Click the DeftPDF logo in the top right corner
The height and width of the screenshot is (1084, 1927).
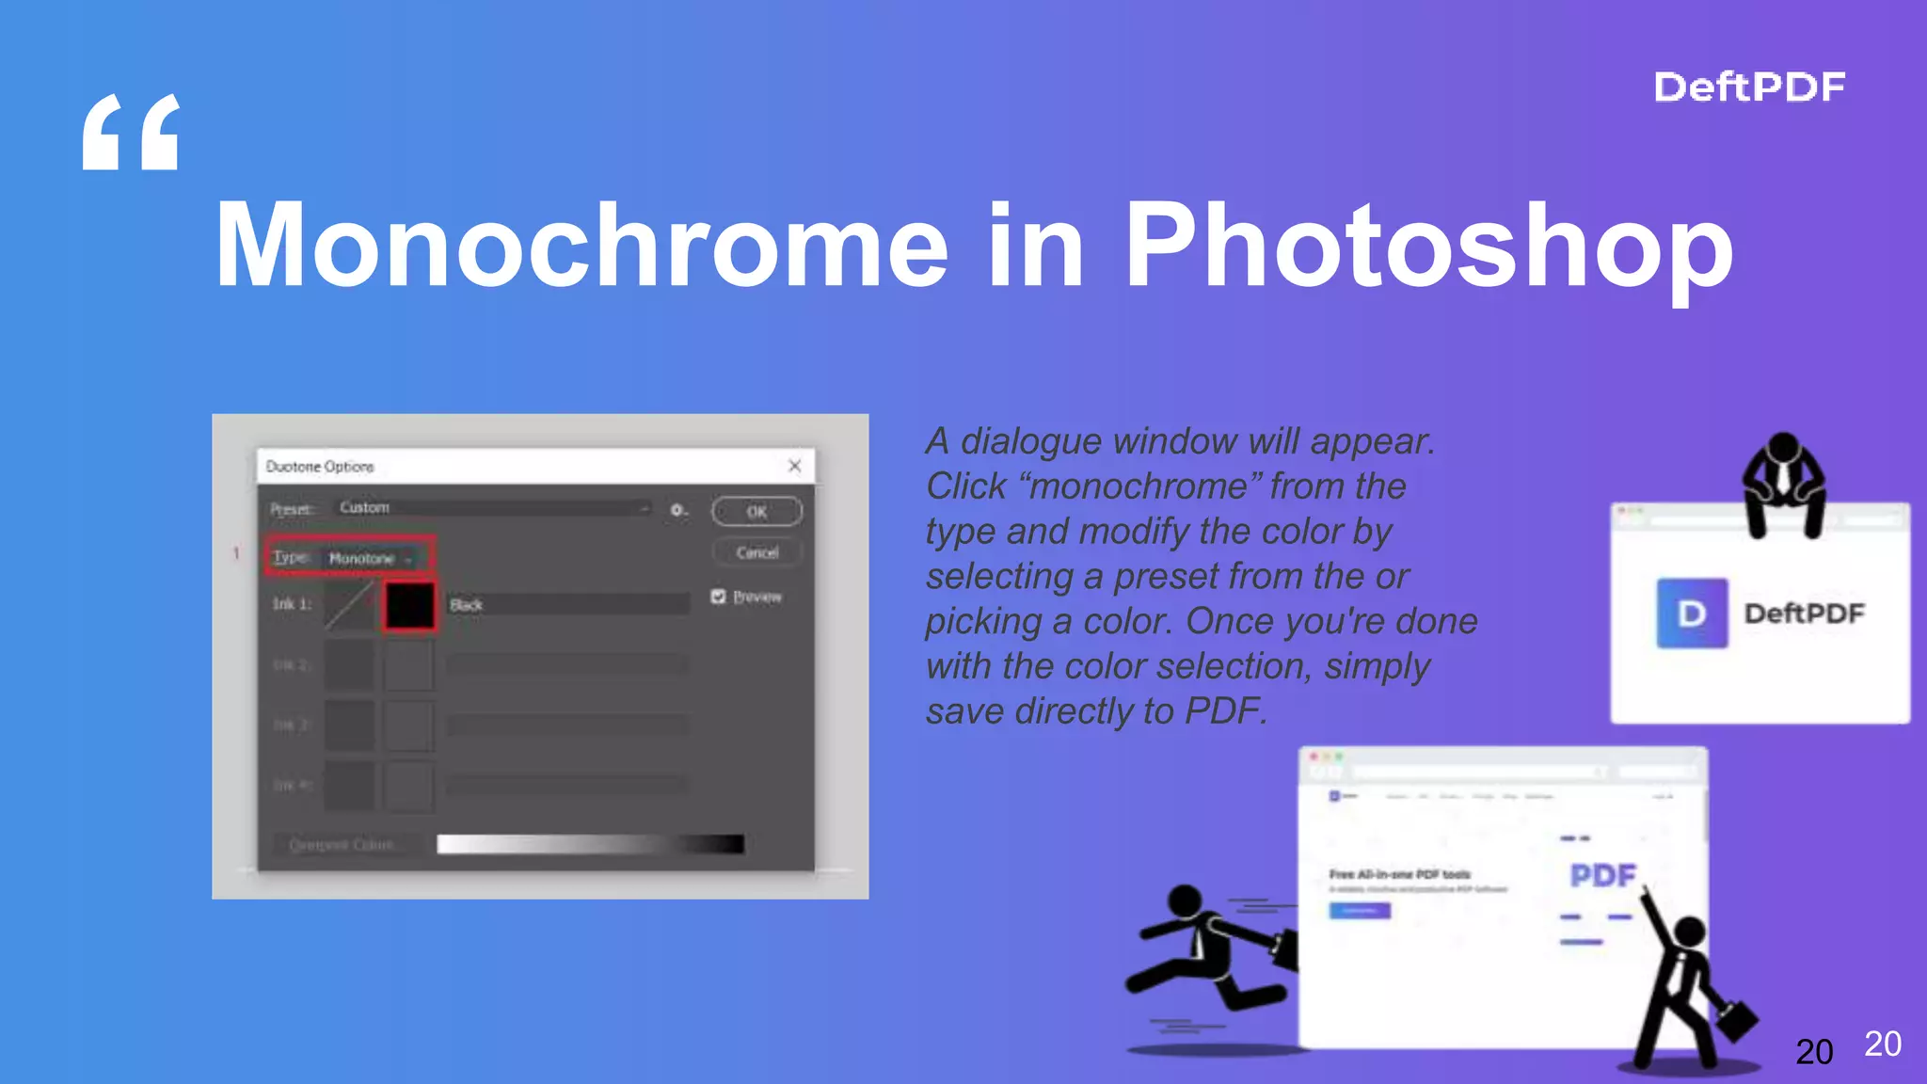click(1748, 88)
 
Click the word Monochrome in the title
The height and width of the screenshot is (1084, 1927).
click(581, 247)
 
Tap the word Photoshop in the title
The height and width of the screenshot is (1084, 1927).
click(1427, 247)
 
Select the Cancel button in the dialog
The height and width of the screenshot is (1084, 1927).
click(756, 552)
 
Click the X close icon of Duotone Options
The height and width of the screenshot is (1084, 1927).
click(794, 466)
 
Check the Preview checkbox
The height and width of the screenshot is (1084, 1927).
click(719, 597)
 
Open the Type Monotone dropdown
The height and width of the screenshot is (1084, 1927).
click(369, 558)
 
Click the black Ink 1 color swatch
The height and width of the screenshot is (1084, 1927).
click(409, 605)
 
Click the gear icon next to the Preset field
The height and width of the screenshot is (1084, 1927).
click(677, 510)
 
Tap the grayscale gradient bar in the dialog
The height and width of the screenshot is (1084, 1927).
click(590, 844)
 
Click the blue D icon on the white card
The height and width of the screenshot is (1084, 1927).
click(1691, 614)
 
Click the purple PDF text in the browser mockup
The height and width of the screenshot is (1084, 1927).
click(1602, 876)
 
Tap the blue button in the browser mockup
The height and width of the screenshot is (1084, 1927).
click(1359, 911)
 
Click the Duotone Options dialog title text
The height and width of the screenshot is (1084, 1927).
click(320, 467)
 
